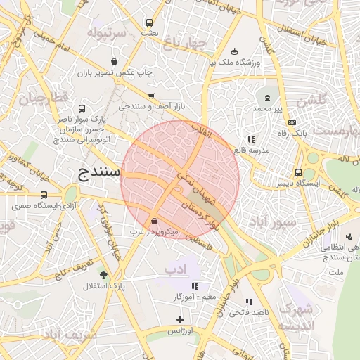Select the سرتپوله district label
(108, 33)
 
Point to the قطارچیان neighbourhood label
(46, 98)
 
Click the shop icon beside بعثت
(149, 22)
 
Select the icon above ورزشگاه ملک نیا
(234, 51)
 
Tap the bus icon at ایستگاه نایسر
(299, 172)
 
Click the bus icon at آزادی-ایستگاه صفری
(44, 195)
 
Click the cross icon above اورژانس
(180, 319)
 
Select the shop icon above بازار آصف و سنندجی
(151, 96)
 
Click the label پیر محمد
(267, 110)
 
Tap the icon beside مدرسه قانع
(251, 139)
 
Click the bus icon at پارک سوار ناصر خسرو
(82, 110)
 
